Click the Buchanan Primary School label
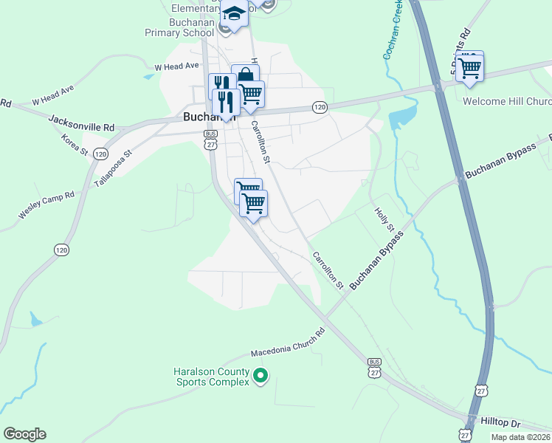182,28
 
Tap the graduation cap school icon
234,13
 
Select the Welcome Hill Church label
507,101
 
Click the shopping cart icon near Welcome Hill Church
469,67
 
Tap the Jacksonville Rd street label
81,123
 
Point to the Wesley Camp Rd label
46,205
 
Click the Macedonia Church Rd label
287,343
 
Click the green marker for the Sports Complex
260,377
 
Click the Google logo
24,434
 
